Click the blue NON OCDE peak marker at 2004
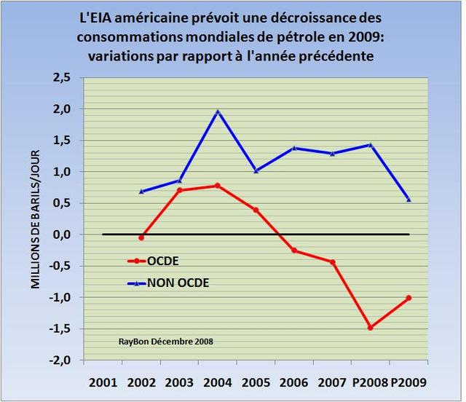(x=218, y=111)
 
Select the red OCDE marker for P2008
(x=371, y=328)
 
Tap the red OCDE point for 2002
(x=141, y=237)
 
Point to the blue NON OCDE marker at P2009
(x=408, y=200)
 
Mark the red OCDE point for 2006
(x=294, y=251)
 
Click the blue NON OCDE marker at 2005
(x=256, y=171)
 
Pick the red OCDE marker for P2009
(x=408, y=298)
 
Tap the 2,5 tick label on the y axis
(x=63, y=77)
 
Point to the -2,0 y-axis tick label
(x=60, y=360)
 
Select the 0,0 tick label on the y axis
(x=63, y=234)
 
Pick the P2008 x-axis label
(x=370, y=382)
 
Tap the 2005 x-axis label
(x=256, y=382)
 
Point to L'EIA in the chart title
(x=98, y=16)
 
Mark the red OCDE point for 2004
(x=218, y=186)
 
